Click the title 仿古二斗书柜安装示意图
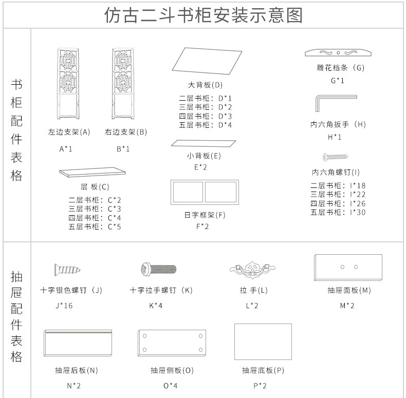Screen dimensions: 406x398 point(203,15)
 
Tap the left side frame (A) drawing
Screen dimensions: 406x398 point(68,83)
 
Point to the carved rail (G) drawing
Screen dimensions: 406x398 point(338,53)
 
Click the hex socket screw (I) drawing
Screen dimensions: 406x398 point(336,156)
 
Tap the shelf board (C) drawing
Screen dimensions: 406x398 point(93,172)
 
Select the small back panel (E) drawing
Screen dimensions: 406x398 point(204,143)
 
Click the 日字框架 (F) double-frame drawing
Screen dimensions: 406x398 point(205,192)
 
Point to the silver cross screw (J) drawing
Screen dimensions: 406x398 point(67,269)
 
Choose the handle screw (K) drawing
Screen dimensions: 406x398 point(159,268)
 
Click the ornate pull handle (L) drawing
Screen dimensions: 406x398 point(253,269)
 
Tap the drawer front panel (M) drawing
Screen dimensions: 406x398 point(348,268)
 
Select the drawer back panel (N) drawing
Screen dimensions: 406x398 point(78,343)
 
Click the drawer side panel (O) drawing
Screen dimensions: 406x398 point(172,343)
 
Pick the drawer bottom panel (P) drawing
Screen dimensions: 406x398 point(263,342)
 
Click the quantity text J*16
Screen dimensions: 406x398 point(64,306)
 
